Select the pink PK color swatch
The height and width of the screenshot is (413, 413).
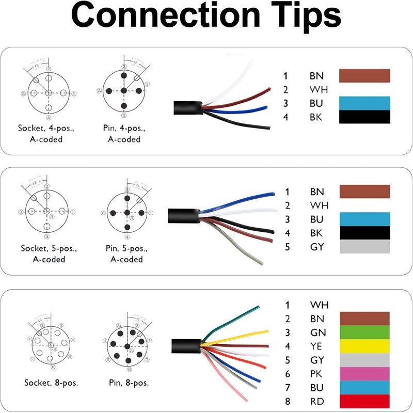click(364, 373)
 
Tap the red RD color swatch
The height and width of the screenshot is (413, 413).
click(364, 401)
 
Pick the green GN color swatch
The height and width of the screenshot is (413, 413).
click(364, 332)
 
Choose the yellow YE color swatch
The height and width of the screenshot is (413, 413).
click(364, 346)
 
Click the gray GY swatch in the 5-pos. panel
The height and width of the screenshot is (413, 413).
click(364, 247)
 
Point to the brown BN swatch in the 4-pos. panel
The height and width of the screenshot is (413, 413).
click(364, 76)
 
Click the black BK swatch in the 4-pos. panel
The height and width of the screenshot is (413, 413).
click(364, 117)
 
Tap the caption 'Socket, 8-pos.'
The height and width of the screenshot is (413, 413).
click(51, 383)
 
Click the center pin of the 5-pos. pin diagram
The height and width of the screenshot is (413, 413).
click(126, 213)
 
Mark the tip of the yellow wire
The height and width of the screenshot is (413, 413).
click(267, 331)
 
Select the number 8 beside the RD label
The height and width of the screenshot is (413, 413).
click(288, 401)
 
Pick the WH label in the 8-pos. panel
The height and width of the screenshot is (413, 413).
click(319, 305)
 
